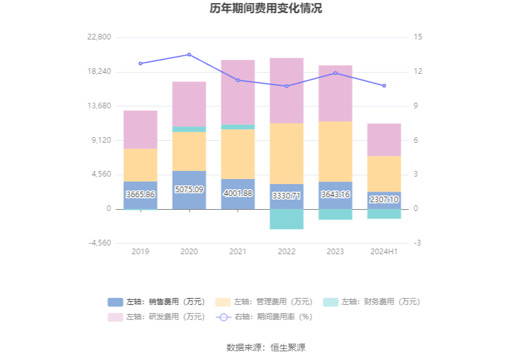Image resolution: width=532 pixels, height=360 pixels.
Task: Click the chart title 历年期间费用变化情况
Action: pos(265,9)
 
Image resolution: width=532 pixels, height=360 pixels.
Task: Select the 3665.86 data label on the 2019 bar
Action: pos(140,195)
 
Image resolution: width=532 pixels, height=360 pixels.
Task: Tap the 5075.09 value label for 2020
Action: pos(189,190)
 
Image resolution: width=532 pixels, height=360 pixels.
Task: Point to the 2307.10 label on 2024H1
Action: pos(384,200)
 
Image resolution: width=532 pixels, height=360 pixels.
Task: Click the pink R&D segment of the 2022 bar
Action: pos(287,90)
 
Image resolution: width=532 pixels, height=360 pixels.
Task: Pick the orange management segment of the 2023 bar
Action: pos(335,151)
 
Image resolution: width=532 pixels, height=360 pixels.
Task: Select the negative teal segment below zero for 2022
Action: pos(287,219)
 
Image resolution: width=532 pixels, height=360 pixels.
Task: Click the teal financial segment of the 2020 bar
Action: pos(189,129)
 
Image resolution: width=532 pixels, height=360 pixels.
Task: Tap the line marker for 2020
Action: pos(189,54)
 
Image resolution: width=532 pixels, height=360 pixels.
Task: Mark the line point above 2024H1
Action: pos(384,86)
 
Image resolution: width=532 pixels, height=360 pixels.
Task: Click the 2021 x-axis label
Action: pos(238,252)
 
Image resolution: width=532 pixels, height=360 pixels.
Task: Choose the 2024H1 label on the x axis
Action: pos(384,252)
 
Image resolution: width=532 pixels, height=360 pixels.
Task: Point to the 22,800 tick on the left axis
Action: pos(100,37)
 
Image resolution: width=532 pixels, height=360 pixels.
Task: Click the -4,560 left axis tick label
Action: pos(100,243)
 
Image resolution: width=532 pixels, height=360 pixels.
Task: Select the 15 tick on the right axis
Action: pos(418,37)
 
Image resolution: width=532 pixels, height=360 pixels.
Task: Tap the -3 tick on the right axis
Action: pos(417,243)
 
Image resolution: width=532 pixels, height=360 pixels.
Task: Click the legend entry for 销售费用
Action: pos(156,302)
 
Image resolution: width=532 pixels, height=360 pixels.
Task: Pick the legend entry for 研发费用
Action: pos(156,317)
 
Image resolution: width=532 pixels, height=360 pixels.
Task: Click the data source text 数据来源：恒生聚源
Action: pos(265,347)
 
